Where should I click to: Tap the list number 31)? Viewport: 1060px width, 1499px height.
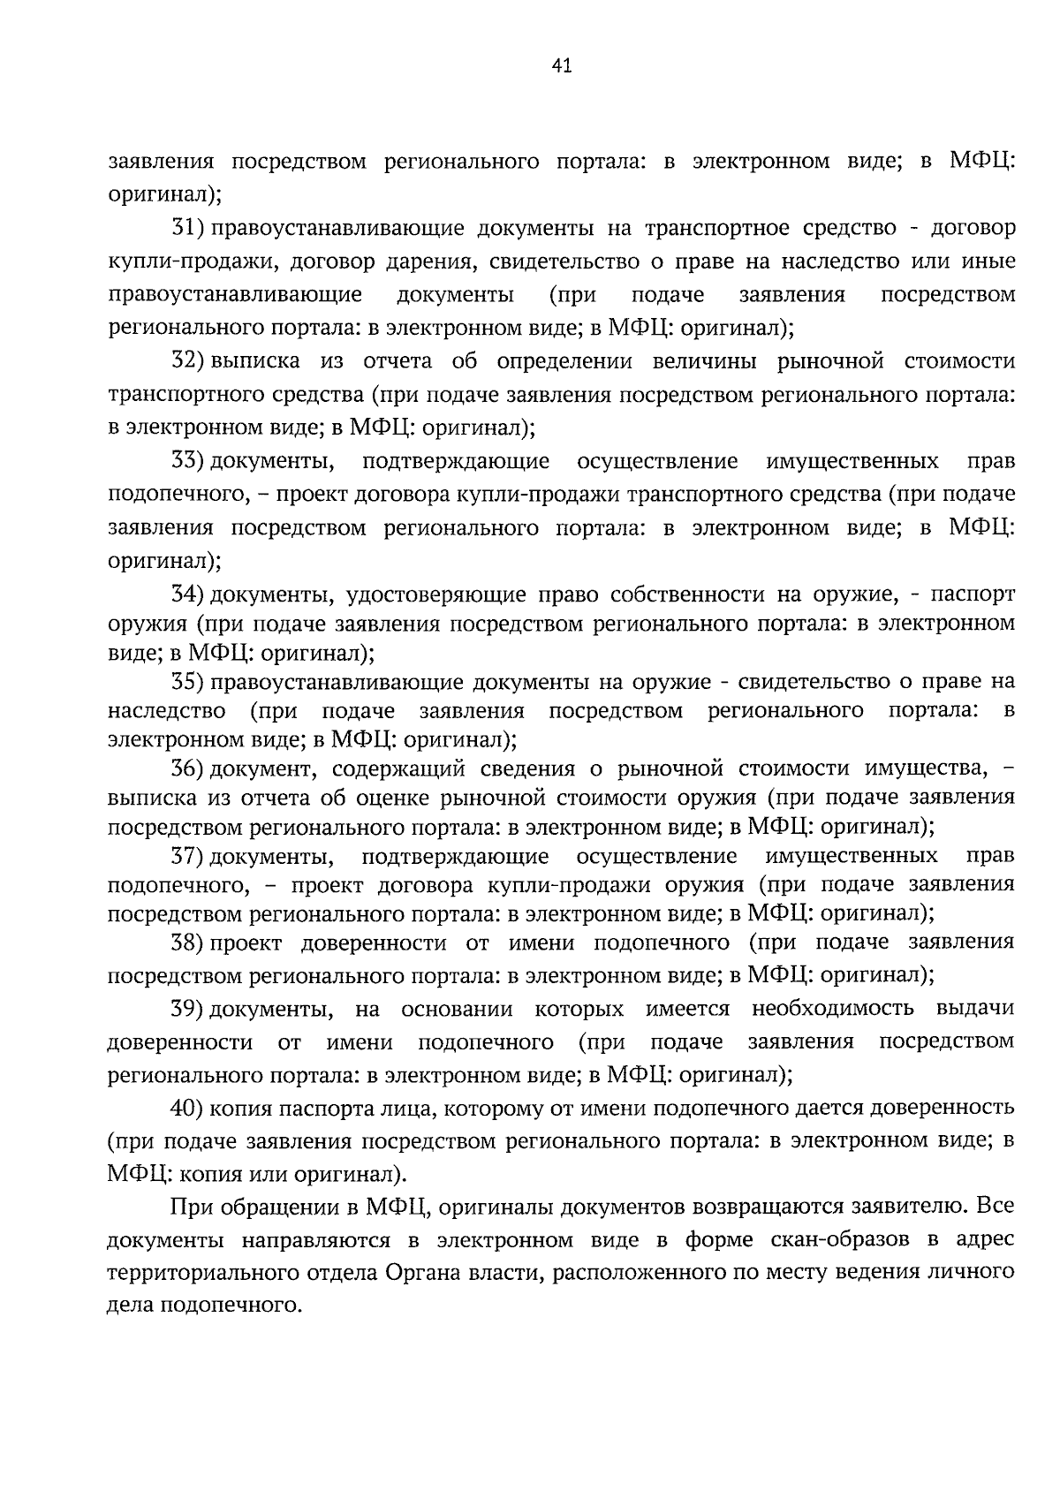tap(188, 228)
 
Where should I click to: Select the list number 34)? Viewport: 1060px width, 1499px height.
tap(188, 593)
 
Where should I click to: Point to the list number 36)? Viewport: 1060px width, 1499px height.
tap(188, 768)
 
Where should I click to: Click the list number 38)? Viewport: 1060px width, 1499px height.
tap(188, 943)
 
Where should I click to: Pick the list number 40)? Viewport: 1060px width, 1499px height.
tap(188, 1108)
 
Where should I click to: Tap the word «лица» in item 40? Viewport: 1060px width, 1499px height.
tap(413, 1108)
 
